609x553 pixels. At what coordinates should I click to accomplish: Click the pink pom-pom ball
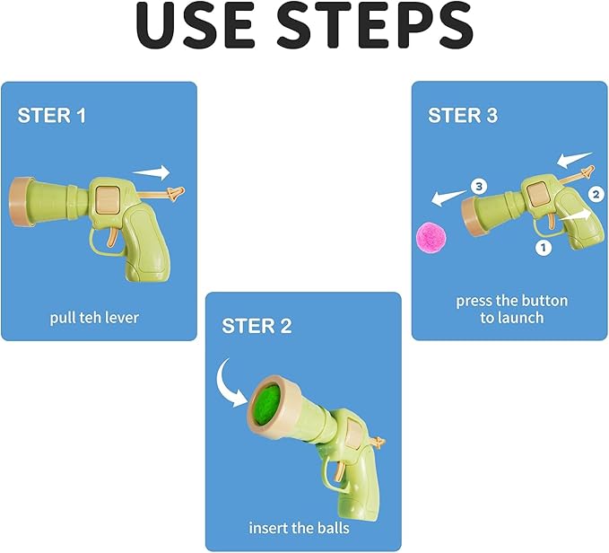click(431, 237)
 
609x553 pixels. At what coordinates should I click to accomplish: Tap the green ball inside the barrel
click(267, 405)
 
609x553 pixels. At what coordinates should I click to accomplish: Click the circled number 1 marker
click(543, 247)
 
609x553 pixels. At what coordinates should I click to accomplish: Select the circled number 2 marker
click(596, 194)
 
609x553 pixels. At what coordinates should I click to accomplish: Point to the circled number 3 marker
click(479, 186)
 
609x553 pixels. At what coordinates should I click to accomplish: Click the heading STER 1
click(52, 116)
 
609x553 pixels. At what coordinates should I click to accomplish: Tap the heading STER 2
click(257, 326)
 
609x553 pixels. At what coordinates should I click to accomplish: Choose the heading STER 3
click(462, 115)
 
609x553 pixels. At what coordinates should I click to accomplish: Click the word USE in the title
click(195, 25)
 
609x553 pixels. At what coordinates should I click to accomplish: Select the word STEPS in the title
click(374, 25)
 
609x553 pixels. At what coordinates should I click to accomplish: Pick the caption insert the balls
click(299, 528)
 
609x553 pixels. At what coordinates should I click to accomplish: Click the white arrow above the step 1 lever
click(152, 172)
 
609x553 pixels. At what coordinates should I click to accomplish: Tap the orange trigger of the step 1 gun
click(111, 237)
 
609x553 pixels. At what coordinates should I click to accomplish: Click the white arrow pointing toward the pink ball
click(449, 197)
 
